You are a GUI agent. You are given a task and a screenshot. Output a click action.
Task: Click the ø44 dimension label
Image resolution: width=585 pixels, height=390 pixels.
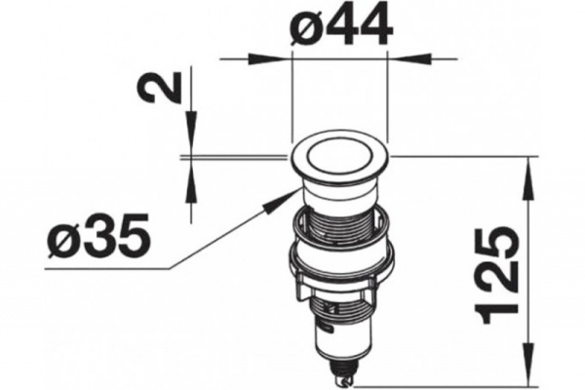pos(342,27)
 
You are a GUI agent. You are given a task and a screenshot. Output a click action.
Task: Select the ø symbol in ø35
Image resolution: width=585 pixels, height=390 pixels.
pos(65,239)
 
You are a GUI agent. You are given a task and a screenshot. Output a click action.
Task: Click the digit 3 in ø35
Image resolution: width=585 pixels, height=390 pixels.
pos(100,238)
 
